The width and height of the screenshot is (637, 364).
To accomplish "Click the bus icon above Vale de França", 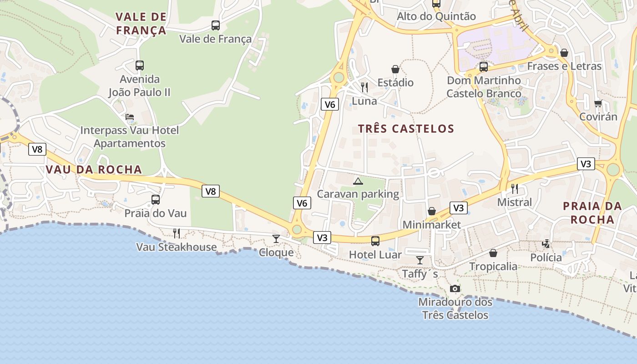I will [x=216, y=25].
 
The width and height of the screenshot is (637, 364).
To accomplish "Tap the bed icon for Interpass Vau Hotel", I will [x=130, y=117].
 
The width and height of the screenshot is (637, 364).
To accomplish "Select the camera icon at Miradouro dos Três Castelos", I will [x=455, y=288].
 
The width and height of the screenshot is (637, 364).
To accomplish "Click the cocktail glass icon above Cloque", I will [x=276, y=238].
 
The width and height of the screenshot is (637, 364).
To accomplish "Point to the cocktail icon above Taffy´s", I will [x=420, y=260].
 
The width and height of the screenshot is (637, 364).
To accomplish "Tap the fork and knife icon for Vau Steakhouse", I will [x=177, y=233].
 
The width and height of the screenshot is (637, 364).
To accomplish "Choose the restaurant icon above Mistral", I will [x=515, y=188].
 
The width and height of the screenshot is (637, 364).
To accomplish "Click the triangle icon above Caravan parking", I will [x=358, y=181].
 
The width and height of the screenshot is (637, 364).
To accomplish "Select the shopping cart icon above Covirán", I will [x=598, y=103].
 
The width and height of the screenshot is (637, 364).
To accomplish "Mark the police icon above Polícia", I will [x=546, y=244].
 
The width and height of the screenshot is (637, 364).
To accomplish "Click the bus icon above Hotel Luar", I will [x=375, y=241].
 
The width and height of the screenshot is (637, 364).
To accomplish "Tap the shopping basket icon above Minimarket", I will [x=431, y=211].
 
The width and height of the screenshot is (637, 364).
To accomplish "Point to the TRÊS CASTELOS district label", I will [x=406, y=129].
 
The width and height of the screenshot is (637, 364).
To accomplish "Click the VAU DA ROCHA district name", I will [x=94, y=170].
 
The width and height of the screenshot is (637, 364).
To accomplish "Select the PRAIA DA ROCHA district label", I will [x=592, y=213].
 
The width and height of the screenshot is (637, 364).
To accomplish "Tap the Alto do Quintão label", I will [x=436, y=16].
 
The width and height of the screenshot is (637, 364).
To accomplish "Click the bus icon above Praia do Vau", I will [x=156, y=199].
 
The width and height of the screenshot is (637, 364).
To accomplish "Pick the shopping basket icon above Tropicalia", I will [x=493, y=253].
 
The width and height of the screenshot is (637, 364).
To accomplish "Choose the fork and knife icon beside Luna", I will [x=364, y=87].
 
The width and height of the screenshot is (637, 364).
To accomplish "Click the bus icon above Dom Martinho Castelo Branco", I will [x=484, y=67].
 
